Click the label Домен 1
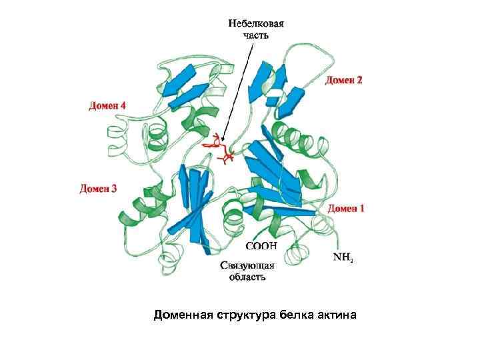346,209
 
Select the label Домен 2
344,81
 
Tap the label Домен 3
99,189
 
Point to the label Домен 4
107,105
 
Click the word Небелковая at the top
257,23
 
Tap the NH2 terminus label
343,257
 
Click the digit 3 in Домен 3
114,189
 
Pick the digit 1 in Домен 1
362,209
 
